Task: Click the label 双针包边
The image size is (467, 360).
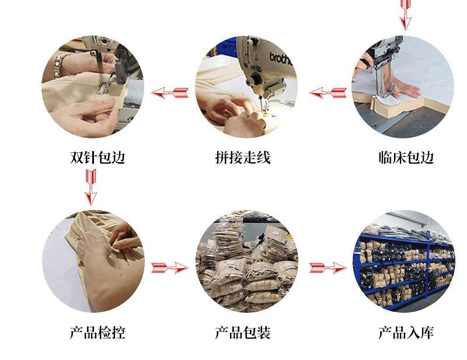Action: click(x=97, y=157)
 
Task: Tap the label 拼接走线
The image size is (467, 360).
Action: click(x=243, y=157)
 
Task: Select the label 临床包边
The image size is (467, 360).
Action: click(x=406, y=157)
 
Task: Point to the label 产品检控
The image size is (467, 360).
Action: click(x=97, y=333)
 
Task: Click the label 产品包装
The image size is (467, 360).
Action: click(x=243, y=333)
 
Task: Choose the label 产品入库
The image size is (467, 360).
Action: click(x=406, y=333)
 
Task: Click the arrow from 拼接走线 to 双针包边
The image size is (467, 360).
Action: click(x=170, y=93)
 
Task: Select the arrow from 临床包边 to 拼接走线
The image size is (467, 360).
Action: click(x=328, y=93)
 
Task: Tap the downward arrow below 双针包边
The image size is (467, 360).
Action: click(x=91, y=187)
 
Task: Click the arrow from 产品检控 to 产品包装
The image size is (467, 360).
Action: click(x=170, y=268)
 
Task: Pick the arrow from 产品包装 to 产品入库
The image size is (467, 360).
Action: click(x=328, y=268)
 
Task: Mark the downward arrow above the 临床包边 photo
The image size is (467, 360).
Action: click(x=405, y=15)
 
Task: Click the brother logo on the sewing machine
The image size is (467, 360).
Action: click(x=280, y=58)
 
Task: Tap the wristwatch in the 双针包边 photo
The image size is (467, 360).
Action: click(x=59, y=64)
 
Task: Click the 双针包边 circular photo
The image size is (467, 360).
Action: click(x=93, y=87)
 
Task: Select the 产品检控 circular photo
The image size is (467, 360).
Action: click(x=93, y=261)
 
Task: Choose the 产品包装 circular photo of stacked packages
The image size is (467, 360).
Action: click(x=246, y=261)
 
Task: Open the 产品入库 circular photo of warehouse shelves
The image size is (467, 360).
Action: click(x=404, y=261)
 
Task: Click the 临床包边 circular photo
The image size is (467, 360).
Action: click(x=403, y=87)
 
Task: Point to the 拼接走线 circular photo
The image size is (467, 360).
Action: click(x=246, y=87)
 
